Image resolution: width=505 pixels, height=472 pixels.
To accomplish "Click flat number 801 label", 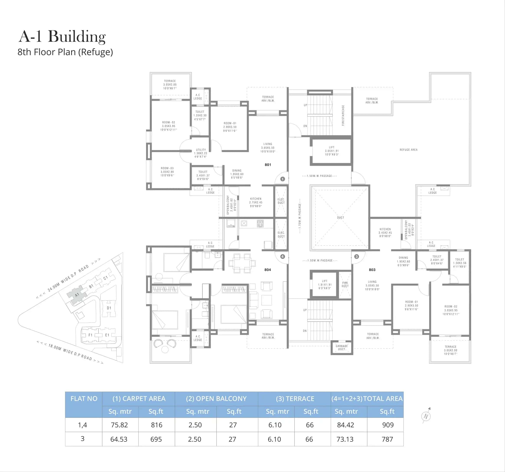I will [268, 165].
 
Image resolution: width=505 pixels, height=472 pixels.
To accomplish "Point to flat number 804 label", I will [268, 270].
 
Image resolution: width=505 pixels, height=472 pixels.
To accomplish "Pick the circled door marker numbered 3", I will [356, 257].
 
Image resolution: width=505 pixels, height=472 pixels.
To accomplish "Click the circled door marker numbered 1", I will [283, 179].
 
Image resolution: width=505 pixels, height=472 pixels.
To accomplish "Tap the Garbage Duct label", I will [341, 347].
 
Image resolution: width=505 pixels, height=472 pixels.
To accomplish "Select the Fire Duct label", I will [345, 284].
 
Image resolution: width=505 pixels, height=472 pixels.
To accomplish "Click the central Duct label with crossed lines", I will [341, 218].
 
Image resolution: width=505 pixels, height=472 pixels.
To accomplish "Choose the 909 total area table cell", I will [388, 425].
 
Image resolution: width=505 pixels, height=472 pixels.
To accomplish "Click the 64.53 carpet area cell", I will [119, 439].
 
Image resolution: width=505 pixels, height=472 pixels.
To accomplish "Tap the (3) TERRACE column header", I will [295, 399].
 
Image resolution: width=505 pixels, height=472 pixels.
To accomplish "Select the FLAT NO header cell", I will [84, 399].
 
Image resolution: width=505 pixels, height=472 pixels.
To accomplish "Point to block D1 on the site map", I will [109, 308].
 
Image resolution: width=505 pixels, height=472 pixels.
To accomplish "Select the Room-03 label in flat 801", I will [167, 172].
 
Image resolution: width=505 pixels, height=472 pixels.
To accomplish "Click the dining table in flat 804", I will [242, 263].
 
